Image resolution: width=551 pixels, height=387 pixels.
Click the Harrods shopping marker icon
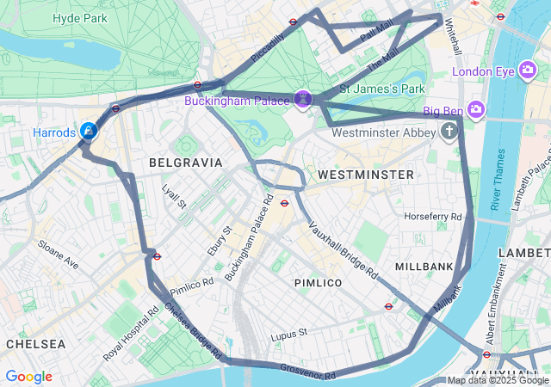pos(89,131)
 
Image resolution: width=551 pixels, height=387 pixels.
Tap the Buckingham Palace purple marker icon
pos(303,100)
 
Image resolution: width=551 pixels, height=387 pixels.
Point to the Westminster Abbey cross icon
pos(449,132)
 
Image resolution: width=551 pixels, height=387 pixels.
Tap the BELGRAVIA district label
pos(185,162)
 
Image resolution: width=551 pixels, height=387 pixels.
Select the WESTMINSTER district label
pos(366,175)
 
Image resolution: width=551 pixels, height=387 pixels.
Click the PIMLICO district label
pos(318,283)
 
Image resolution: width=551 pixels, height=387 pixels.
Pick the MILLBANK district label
pos(424,267)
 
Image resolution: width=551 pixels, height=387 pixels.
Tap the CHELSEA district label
pos(35,343)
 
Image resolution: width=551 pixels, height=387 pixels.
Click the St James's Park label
pos(383,89)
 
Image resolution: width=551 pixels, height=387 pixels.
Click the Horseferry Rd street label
pos(433,217)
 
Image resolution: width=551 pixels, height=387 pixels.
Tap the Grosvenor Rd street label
pos(307,372)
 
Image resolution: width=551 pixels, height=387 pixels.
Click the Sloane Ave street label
pos(59,255)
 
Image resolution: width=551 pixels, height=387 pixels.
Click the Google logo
pos(28,377)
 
